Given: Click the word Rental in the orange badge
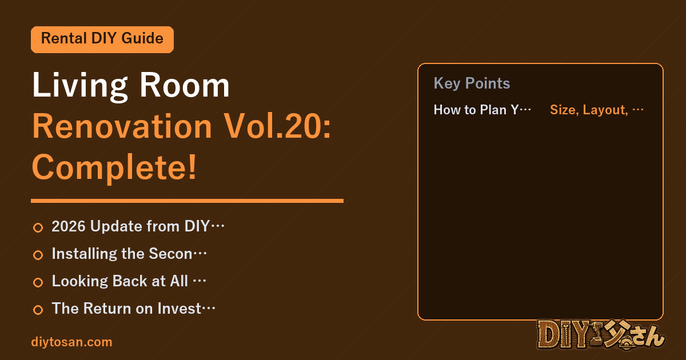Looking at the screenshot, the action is click(x=63, y=38).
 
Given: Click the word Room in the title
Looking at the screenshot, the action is click(x=184, y=85).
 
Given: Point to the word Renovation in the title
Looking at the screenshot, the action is click(x=122, y=126).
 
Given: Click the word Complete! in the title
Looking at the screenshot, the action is click(x=114, y=168).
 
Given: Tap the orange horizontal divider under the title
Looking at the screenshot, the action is click(x=187, y=201).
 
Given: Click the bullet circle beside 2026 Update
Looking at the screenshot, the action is click(x=38, y=227).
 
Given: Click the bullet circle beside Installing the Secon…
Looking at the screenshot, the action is click(x=38, y=255).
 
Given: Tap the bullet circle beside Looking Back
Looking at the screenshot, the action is click(x=38, y=282).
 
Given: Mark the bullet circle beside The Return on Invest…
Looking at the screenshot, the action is click(x=38, y=310).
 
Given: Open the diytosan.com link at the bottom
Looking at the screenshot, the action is click(x=71, y=342).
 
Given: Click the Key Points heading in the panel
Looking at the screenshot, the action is click(x=472, y=83).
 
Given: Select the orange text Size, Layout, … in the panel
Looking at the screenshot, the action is click(x=597, y=110).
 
